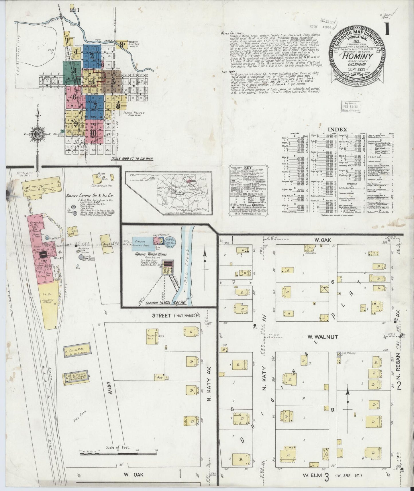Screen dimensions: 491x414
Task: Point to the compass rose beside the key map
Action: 38,134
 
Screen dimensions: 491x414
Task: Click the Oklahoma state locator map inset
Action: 169,193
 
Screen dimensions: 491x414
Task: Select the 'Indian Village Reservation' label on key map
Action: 134,114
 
